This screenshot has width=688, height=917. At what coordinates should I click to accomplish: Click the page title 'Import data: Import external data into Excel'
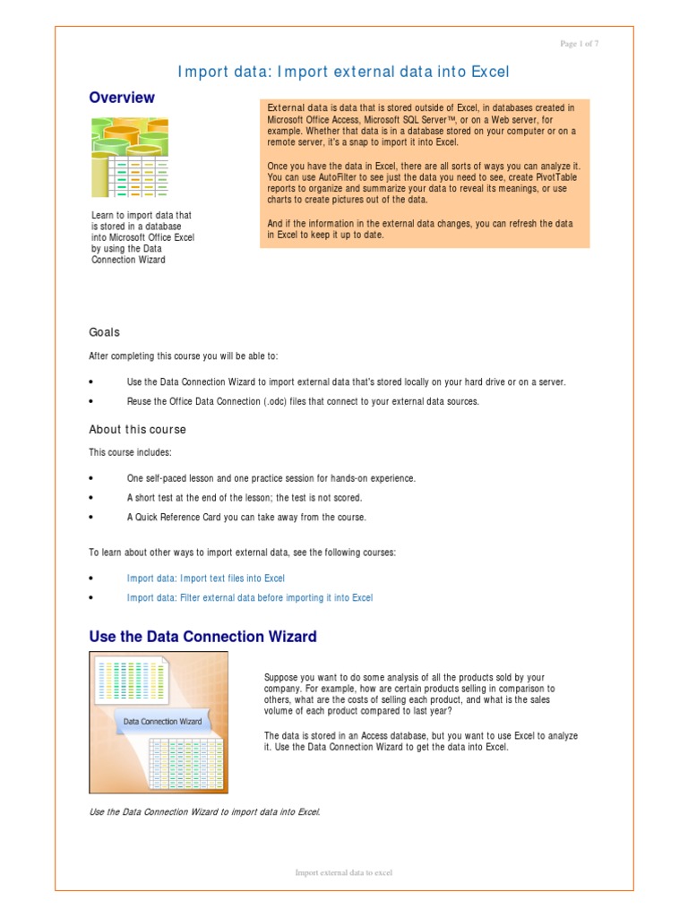(x=345, y=72)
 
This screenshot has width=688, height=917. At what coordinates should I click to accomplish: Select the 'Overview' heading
(x=122, y=98)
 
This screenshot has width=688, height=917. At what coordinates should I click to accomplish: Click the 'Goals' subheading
(x=104, y=332)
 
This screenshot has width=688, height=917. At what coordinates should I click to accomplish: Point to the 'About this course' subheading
(x=137, y=430)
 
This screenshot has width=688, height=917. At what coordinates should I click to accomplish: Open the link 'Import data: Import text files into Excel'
(x=206, y=578)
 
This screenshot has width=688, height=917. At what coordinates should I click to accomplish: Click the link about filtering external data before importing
(x=250, y=597)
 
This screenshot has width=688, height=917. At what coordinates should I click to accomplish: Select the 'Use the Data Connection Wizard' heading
(x=202, y=638)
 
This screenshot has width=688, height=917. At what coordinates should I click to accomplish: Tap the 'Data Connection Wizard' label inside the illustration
(x=162, y=721)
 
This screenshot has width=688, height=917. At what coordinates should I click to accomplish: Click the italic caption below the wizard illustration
(x=204, y=812)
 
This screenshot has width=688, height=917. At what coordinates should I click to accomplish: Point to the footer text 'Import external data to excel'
(x=344, y=872)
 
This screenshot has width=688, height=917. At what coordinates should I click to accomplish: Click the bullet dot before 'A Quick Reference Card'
(x=91, y=518)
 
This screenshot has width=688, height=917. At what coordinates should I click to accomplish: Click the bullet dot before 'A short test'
(x=91, y=498)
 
